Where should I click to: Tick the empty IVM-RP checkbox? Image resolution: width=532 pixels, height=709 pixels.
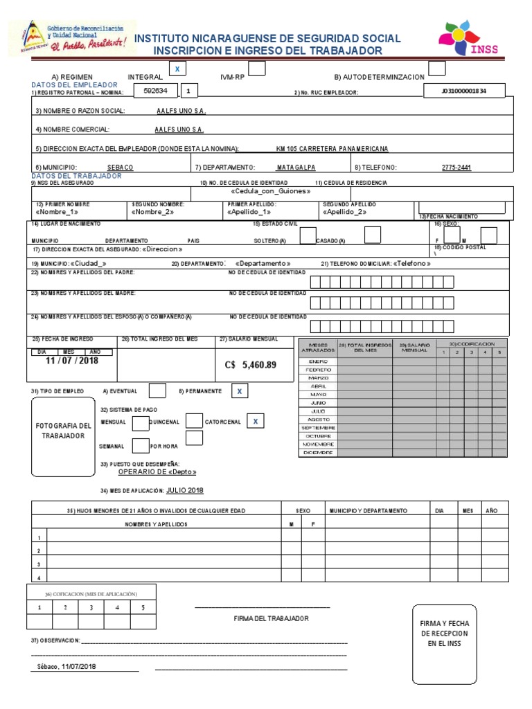pyautogui.click(x=256, y=69)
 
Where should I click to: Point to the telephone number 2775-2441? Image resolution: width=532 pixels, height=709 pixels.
pyautogui.click(x=456, y=168)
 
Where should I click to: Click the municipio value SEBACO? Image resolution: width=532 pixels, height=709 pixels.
pyautogui.click(x=121, y=168)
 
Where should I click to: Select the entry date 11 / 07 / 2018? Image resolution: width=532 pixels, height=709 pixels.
pyautogui.click(x=72, y=361)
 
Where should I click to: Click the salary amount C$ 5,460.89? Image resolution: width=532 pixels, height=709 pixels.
pyautogui.click(x=250, y=365)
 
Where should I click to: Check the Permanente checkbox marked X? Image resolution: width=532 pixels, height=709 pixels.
pyautogui.click(x=240, y=391)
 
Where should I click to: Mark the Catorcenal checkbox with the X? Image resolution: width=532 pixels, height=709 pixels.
pyautogui.click(x=256, y=422)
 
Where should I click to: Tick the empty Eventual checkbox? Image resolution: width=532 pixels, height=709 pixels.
pyautogui.click(x=157, y=391)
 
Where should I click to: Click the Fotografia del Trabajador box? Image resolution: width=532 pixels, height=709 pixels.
pyautogui.click(x=62, y=436)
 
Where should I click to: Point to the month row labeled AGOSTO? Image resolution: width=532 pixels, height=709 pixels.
pyautogui.click(x=318, y=420)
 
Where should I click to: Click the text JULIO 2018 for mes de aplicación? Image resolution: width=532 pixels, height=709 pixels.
pyautogui.click(x=185, y=490)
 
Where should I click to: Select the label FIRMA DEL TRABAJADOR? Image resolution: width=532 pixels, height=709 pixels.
pyautogui.click(x=271, y=618)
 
